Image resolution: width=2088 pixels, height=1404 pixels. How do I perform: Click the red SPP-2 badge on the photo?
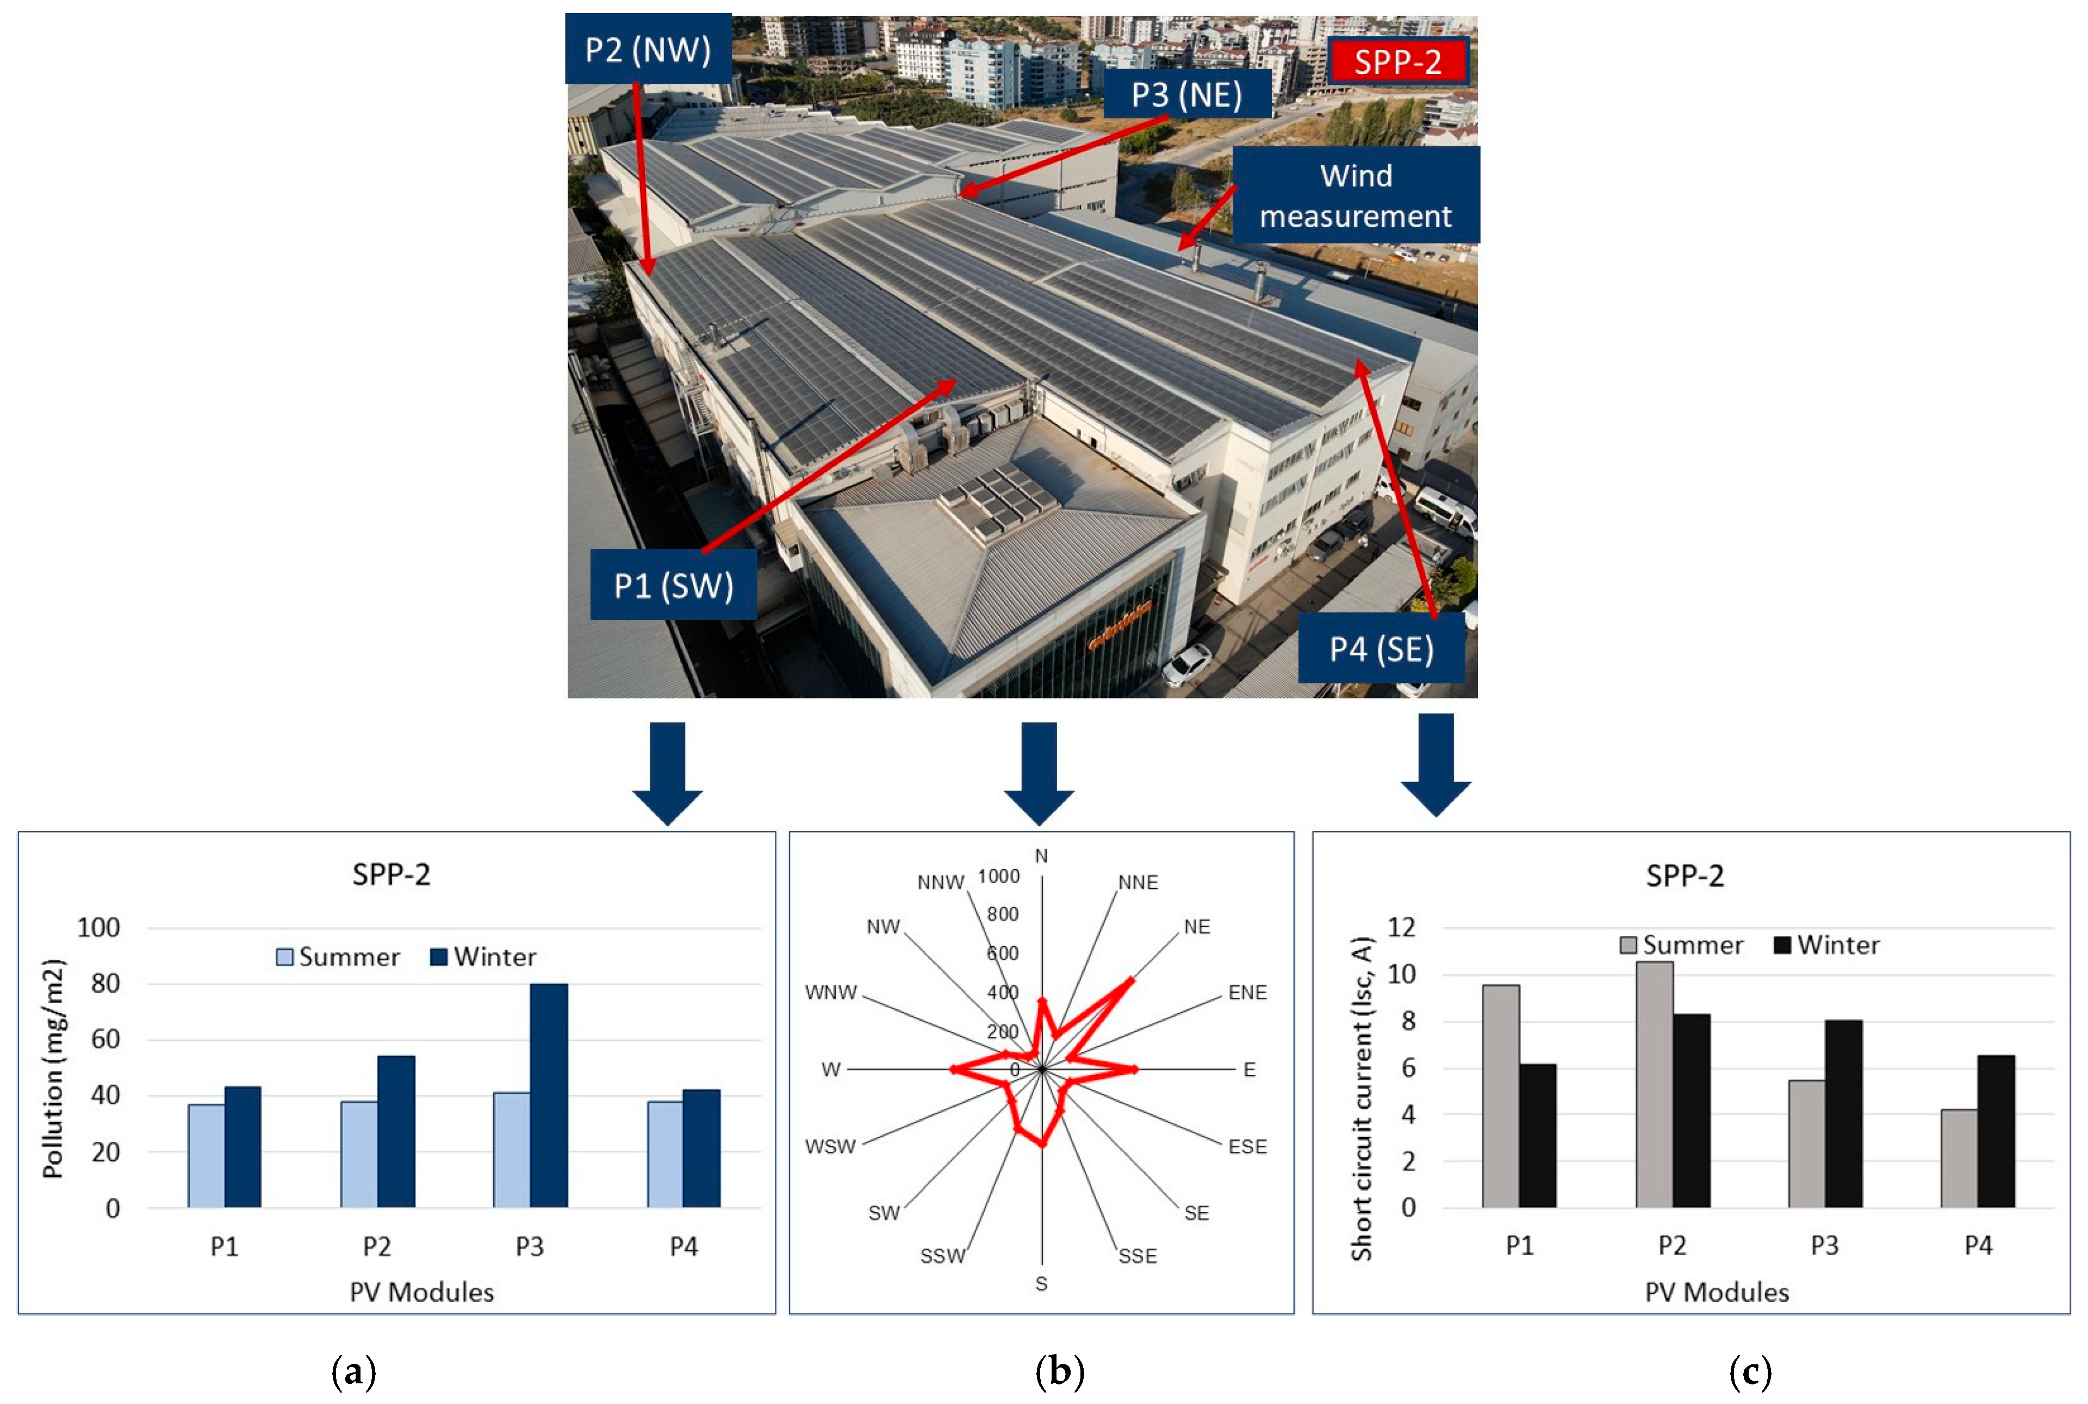1397,62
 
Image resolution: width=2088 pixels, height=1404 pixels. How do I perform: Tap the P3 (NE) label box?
1186,94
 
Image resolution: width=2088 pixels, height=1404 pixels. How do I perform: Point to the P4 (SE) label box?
1381,648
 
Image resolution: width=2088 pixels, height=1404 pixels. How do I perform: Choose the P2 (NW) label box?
648,49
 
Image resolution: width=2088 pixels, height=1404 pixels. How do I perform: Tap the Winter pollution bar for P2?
396,1131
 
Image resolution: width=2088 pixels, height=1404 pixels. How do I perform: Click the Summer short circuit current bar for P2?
1654,1084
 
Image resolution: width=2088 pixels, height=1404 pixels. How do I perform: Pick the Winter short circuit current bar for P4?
1996,1131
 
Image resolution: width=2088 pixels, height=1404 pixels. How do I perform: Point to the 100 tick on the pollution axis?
98,928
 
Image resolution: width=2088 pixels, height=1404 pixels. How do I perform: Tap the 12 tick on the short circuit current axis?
1401,927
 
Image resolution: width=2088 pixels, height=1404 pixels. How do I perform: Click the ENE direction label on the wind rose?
1247,992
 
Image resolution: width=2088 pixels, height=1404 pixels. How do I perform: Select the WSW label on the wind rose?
830,1146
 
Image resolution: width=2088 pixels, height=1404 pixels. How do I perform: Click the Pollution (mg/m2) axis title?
54,1068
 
